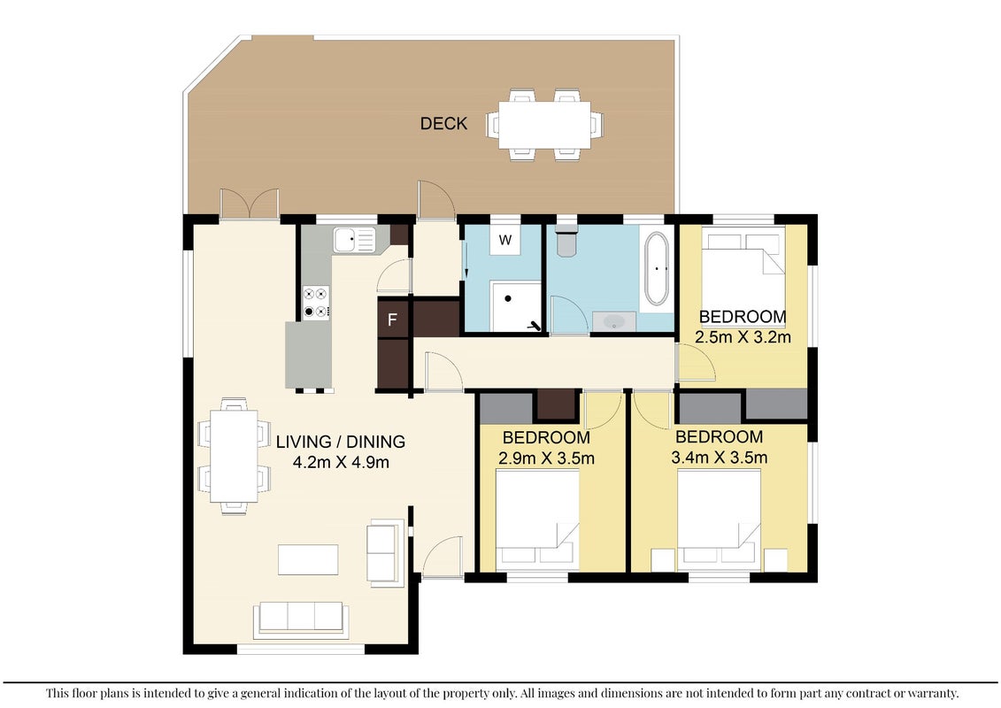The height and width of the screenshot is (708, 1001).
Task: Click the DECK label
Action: point(443,123)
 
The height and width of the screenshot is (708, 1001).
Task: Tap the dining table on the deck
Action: point(544,125)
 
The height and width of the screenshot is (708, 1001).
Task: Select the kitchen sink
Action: point(354,240)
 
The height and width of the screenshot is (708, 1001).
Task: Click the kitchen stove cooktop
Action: point(316,303)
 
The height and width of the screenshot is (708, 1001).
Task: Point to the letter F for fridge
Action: point(393,319)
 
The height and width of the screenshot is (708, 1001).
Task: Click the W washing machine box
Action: point(505,240)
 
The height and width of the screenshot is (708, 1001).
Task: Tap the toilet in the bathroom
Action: point(566,240)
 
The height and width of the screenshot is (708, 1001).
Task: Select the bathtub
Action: point(656,269)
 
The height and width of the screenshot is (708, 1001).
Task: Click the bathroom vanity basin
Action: point(614,321)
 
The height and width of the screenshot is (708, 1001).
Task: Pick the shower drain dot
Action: point(509,298)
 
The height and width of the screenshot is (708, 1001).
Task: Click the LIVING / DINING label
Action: point(340,441)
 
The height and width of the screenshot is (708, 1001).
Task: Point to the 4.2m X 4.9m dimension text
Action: point(341,462)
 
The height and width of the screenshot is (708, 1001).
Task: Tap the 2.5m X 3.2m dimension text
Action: point(743,337)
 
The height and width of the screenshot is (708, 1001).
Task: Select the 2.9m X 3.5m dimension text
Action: point(546,458)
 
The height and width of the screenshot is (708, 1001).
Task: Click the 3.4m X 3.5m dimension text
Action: point(720,458)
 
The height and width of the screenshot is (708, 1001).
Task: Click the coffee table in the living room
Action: point(308,559)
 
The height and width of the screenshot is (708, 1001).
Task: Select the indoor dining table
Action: point(235,456)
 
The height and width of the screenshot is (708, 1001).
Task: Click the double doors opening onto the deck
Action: point(250,205)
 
